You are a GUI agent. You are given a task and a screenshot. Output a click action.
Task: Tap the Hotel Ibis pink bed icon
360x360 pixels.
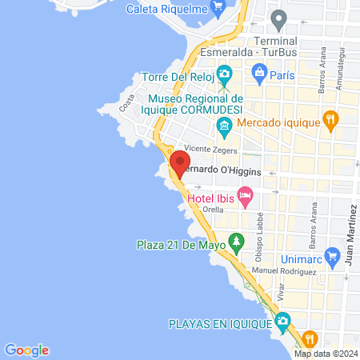pyautogui.click(x=246, y=195)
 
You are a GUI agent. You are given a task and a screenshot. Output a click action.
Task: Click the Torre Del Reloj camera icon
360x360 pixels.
pyautogui.click(x=225, y=74)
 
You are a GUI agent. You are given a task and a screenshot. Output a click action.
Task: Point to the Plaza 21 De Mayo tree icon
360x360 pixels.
pyautogui.click(x=236, y=240)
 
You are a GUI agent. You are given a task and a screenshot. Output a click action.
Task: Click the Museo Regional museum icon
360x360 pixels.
pyautogui.click(x=225, y=125)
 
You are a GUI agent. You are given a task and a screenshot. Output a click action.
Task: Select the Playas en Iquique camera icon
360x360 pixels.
pyautogui.click(x=282, y=322)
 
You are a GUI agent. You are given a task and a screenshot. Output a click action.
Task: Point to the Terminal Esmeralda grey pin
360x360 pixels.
pyautogui.click(x=278, y=18)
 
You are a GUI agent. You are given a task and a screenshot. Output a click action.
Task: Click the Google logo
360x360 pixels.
pyautogui.click(x=26, y=350)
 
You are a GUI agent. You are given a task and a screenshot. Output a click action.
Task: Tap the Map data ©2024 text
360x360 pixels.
pyautogui.click(x=325, y=354)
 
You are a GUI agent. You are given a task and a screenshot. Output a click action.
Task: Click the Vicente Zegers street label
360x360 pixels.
pyautogui.click(x=210, y=149)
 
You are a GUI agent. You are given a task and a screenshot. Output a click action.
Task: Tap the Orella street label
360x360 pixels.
pyautogui.click(x=214, y=209)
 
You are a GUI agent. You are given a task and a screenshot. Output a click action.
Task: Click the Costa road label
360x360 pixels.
pyautogui.click(x=126, y=102)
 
